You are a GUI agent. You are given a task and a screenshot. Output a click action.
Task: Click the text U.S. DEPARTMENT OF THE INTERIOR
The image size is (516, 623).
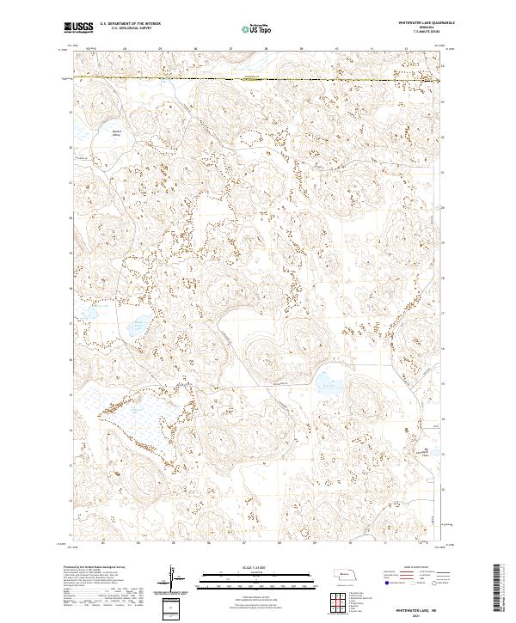(x=130, y=24)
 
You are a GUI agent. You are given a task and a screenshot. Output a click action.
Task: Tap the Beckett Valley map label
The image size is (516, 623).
(x=117, y=132)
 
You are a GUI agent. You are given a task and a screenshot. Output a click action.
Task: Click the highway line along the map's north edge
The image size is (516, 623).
(x=258, y=78)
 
